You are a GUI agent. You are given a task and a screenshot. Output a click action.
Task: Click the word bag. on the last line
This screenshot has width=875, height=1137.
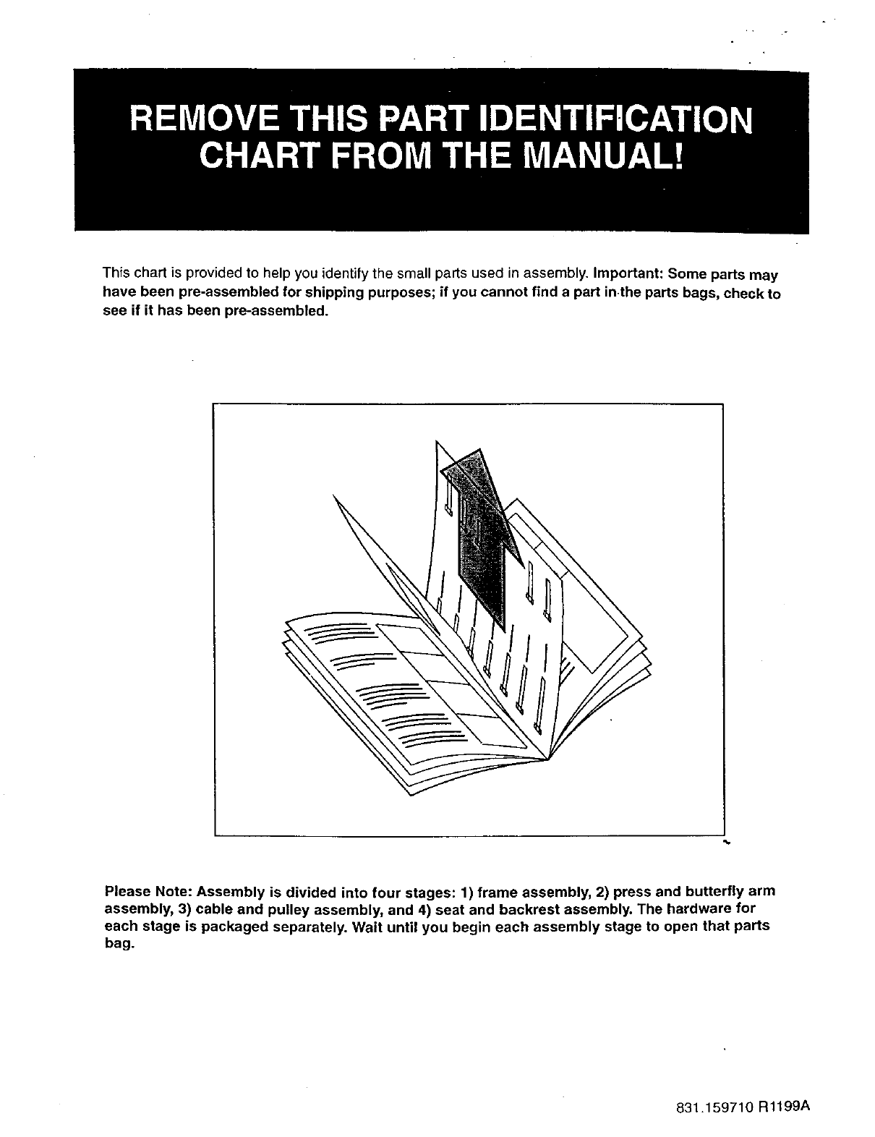[x=119, y=945]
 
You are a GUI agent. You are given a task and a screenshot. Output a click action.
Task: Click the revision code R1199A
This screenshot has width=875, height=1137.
[x=784, y=1106]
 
